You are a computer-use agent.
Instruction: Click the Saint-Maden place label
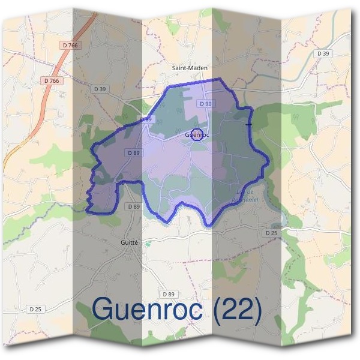click(190, 68)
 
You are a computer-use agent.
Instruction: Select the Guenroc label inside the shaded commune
click(197, 135)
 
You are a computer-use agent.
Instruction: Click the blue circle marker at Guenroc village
click(199, 134)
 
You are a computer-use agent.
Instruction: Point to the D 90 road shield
click(206, 104)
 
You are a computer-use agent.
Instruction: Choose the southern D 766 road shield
click(52, 80)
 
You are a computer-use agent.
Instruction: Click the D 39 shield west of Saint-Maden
click(100, 89)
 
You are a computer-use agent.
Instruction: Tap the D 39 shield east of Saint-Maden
click(323, 53)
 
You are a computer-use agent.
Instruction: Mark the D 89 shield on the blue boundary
click(146, 120)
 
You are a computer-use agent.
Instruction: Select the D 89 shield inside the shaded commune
click(133, 153)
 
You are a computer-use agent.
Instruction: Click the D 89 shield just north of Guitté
click(133, 206)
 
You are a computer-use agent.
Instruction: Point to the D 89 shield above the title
click(169, 294)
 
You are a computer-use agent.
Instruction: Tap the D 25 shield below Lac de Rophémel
click(272, 232)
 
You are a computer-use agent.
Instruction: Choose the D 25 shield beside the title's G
click(35, 309)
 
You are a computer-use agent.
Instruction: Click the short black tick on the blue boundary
click(249, 124)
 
